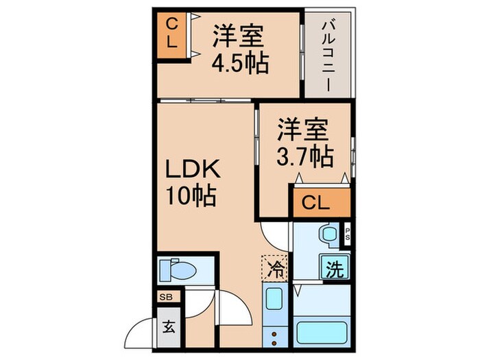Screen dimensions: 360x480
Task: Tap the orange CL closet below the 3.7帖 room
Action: click(319, 204)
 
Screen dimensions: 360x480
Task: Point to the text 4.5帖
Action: click(239, 62)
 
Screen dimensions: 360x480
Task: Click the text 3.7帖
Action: click(305, 157)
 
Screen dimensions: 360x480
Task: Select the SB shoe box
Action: click(166, 297)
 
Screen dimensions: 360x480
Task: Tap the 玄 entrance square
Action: click(168, 326)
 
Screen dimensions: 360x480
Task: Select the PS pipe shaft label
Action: click(348, 234)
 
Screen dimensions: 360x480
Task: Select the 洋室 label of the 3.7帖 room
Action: click(303, 128)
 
